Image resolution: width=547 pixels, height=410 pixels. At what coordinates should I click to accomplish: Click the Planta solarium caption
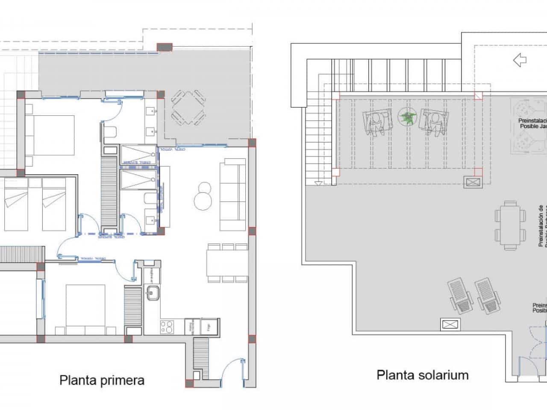pyautogui.click(x=422, y=375)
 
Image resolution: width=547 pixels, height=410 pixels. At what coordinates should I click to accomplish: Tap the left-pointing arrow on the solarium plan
pyautogui.click(x=520, y=60)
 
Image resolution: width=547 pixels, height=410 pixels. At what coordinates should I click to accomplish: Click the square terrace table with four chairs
pyautogui.click(x=188, y=107)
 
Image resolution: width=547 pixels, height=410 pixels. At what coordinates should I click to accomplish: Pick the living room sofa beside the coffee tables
pyautogui.click(x=232, y=194)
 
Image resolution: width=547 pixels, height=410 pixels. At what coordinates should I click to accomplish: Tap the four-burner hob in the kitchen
pyautogui.click(x=167, y=327)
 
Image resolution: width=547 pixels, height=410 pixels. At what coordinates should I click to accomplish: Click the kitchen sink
pyautogui.click(x=153, y=293)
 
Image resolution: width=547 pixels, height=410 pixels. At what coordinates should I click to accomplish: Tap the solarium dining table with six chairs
pyautogui.click(x=510, y=225)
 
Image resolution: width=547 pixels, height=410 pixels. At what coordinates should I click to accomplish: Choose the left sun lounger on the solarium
pyautogui.click(x=461, y=296)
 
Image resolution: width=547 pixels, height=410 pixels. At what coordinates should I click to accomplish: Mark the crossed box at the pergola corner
pyautogui.click(x=473, y=182)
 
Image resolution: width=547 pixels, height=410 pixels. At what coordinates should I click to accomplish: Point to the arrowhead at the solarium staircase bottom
pyautogui.click(x=318, y=183)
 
